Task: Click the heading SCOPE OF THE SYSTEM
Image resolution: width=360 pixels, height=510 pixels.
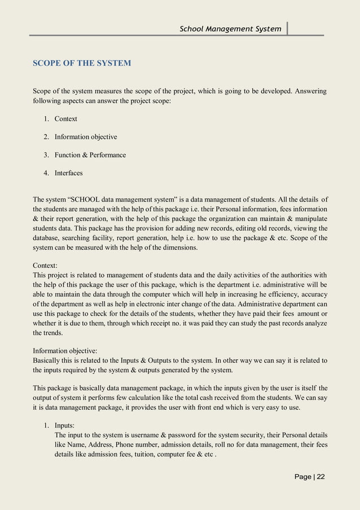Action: [x=82, y=63]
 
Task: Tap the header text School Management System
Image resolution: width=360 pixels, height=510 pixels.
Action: [x=230, y=28]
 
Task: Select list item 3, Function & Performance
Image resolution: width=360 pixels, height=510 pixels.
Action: [x=90, y=155]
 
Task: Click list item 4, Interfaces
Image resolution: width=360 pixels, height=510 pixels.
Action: [x=68, y=173]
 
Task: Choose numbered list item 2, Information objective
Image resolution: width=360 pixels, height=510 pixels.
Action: [x=86, y=137]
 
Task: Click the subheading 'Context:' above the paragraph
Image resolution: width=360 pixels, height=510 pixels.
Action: [x=48, y=265]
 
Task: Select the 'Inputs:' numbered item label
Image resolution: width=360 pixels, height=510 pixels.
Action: [x=67, y=425]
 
